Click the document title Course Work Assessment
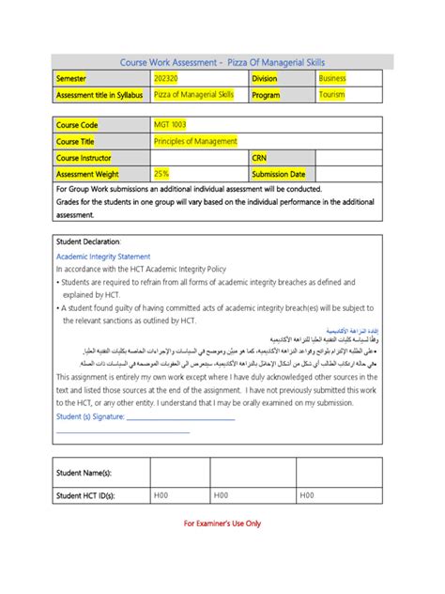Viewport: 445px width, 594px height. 222,61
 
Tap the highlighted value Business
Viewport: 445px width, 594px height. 332,79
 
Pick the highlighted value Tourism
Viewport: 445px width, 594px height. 331,95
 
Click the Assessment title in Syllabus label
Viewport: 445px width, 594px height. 100,95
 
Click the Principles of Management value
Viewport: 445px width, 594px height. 195,141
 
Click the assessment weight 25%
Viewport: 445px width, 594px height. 161,174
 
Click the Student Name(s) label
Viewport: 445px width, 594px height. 84,473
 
